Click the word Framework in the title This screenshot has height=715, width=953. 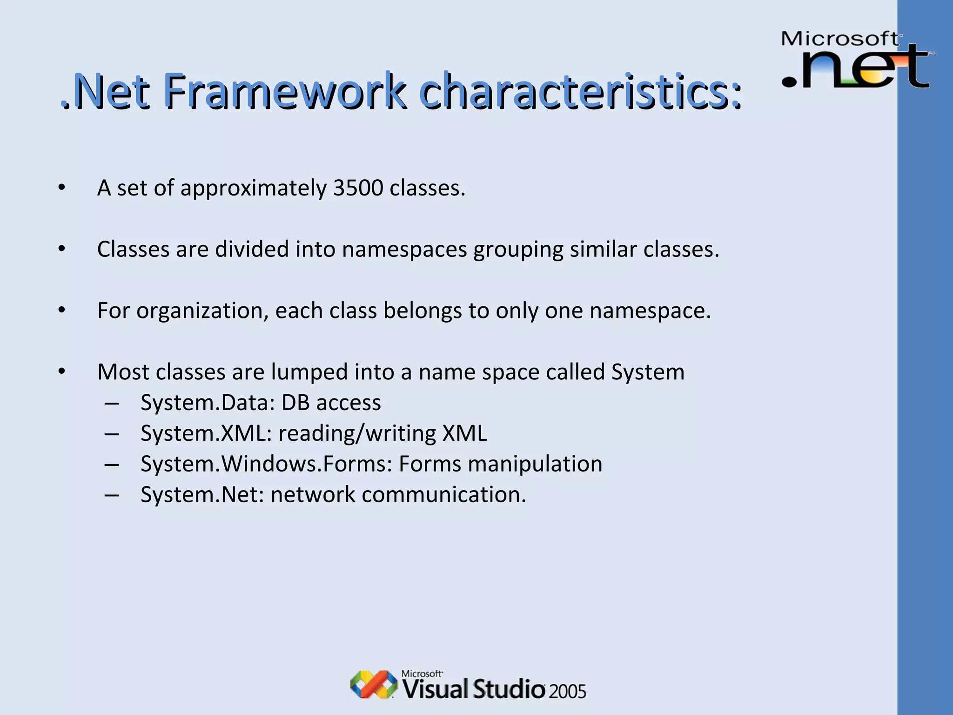tap(285, 91)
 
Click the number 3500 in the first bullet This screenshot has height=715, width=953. tap(358, 188)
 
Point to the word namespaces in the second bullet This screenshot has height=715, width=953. tap(404, 250)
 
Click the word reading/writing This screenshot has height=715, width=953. tap(357, 433)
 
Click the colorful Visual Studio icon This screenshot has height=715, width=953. tap(374, 684)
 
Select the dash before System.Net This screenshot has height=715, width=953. tap(112, 495)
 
